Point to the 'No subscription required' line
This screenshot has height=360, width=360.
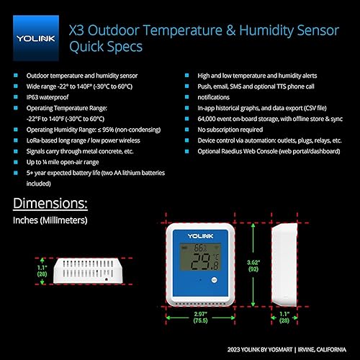coord(230,130)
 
